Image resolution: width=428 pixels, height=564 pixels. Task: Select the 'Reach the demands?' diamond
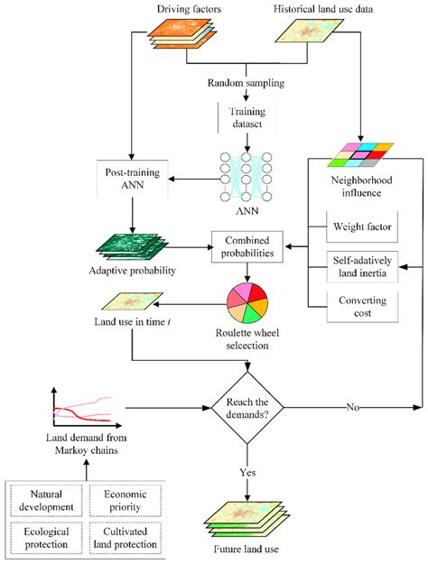[x=247, y=406]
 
